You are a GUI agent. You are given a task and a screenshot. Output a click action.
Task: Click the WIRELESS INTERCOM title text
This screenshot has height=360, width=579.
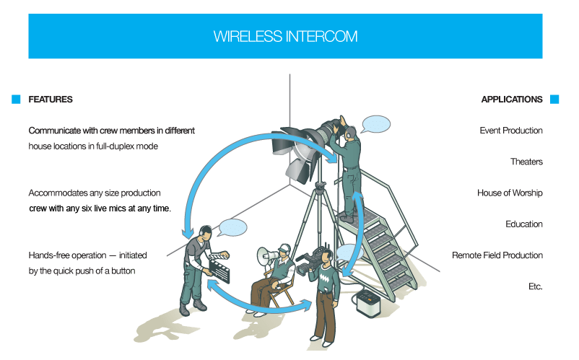pyautogui.click(x=285, y=36)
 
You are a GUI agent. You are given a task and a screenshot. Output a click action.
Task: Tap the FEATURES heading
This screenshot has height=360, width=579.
pyautogui.click(x=51, y=100)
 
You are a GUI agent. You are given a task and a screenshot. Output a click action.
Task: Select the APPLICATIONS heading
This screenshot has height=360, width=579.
pyautogui.click(x=512, y=100)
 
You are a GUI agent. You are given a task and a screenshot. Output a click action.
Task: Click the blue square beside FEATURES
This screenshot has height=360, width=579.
pyautogui.click(x=16, y=100)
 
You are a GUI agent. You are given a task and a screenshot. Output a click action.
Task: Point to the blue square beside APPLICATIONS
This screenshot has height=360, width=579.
pyautogui.click(x=554, y=100)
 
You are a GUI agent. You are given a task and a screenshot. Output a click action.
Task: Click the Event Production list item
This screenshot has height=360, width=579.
pyautogui.click(x=511, y=131)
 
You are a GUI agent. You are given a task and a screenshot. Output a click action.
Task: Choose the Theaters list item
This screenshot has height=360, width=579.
pyautogui.click(x=526, y=162)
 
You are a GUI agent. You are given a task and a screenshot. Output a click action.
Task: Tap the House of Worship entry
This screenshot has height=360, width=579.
pyautogui.click(x=510, y=193)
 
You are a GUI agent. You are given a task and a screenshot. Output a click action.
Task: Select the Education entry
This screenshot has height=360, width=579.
pyautogui.click(x=524, y=224)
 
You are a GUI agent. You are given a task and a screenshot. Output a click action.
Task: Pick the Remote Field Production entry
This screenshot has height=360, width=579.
pyautogui.click(x=497, y=255)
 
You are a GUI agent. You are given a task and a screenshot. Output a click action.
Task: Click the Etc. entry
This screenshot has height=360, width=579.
pyautogui.click(x=535, y=286)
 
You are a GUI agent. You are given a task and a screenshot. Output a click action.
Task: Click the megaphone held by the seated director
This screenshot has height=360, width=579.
pyautogui.click(x=265, y=255)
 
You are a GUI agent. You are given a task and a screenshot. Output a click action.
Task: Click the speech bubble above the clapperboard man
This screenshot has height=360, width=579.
pyautogui.click(x=231, y=228)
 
